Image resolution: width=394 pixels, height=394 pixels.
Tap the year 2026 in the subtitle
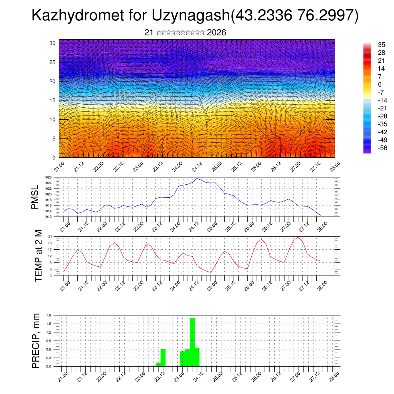pyautogui.click(x=216, y=33)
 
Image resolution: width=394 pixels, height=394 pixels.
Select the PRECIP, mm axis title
pyautogui.click(x=36, y=340)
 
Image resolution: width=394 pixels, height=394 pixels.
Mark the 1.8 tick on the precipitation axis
pyautogui.click(x=49, y=315)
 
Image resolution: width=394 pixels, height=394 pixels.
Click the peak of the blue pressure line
pyautogui.click(x=197, y=179)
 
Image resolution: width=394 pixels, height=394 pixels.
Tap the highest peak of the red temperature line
pyautogui.click(x=298, y=237)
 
